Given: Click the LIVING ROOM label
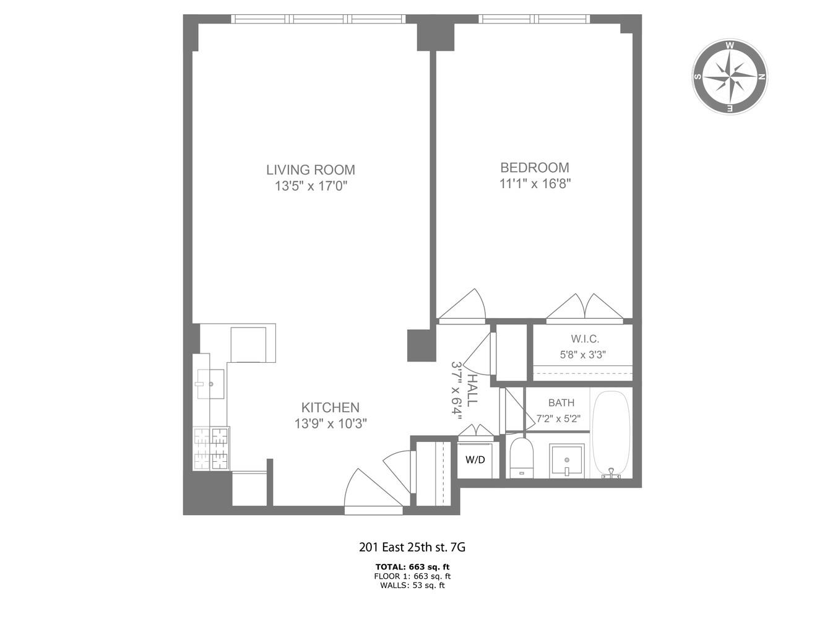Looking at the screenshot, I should [x=311, y=170].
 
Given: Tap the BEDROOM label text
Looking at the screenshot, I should [x=534, y=167].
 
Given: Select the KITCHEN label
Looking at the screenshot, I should [x=330, y=407].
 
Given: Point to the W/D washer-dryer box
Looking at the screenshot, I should [x=475, y=460].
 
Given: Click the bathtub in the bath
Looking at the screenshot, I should [x=611, y=433].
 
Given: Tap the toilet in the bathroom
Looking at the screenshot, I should [x=521, y=457].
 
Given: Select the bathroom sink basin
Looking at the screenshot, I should [x=567, y=461].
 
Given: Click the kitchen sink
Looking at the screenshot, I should [x=209, y=384].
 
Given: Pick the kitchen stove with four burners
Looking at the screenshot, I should [x=210, y=449].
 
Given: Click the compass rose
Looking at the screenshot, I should [x=730, y=77].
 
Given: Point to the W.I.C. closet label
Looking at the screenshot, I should [x=584, y=339].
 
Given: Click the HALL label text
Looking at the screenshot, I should [x=472, y=390].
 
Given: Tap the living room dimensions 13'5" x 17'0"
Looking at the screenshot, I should [x=311, y=186].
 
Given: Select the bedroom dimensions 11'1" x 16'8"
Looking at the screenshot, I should [x=534, y=183].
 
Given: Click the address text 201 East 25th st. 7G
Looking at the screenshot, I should [x=412, y=547].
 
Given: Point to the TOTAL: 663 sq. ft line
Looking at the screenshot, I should [x=412, y=566].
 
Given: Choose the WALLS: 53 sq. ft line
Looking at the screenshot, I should [x=412, y=585].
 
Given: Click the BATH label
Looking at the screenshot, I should [x=561, y=403].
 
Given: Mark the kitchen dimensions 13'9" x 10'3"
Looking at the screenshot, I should [x=330, y=423].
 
